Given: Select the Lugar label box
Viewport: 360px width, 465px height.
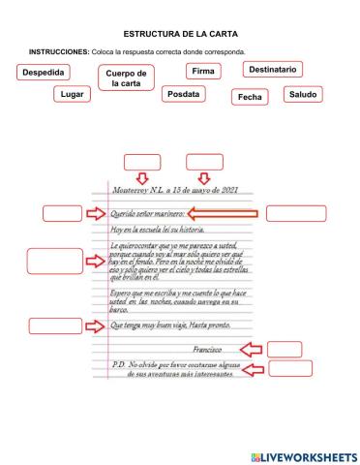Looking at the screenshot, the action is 72,94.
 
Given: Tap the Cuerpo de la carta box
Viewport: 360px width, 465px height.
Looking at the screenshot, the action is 126,78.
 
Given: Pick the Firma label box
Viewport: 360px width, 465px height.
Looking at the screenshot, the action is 203,71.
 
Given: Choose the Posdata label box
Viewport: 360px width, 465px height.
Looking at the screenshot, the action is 183,94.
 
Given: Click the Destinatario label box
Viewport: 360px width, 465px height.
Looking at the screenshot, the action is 272,69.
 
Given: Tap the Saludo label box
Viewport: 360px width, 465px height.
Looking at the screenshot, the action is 303,94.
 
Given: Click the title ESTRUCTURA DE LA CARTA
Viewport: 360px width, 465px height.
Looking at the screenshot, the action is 180,33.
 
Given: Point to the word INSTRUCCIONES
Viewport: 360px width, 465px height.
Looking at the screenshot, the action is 59,51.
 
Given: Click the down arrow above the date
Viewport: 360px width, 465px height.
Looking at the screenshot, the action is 203,176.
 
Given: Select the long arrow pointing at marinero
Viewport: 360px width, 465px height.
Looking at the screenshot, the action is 223,214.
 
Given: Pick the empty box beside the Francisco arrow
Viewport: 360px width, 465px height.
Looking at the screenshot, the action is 284,349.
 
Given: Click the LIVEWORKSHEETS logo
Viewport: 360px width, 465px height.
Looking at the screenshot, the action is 303,454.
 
